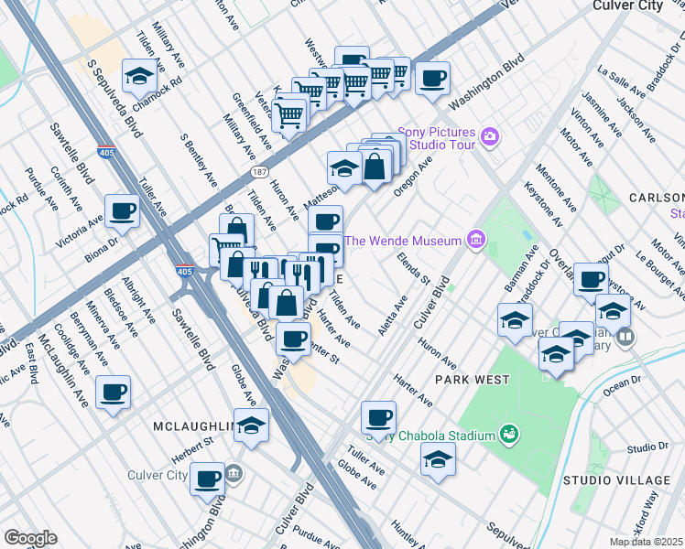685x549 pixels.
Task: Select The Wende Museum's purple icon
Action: click(475, 241)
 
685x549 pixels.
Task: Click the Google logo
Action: click(30, 538)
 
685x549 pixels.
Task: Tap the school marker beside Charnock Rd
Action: click(138, 75)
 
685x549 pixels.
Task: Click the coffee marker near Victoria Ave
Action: click(122, 211)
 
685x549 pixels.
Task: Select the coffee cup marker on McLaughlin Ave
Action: click(114, 392)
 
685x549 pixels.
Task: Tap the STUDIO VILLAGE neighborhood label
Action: click(616, 480)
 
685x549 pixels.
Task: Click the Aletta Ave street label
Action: click(399, 315)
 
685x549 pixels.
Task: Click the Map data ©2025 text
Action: click(646, 542)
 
